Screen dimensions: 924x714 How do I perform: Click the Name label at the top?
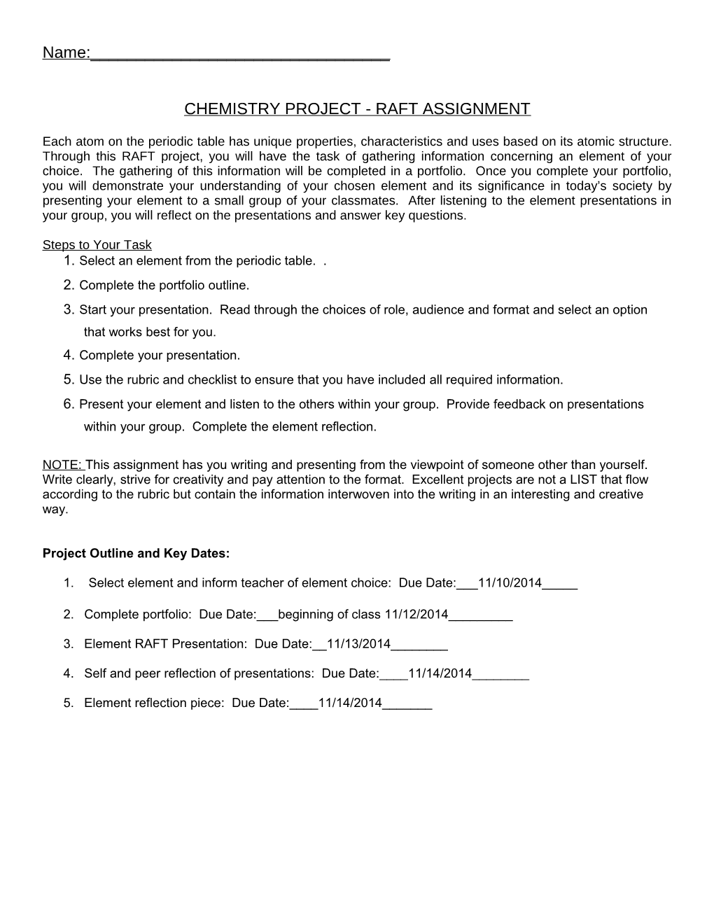[65, 53]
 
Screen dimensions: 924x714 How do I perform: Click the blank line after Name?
[240, 56]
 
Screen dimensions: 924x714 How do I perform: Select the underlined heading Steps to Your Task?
[97, 245]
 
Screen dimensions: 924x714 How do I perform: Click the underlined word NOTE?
[63, 465]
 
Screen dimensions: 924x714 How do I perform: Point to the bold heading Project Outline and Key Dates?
[136, 553]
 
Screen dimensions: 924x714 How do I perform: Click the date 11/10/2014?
[510, 583]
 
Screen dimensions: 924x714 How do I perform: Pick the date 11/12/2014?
[416, 615]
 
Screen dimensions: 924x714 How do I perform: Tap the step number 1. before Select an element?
[68, 261]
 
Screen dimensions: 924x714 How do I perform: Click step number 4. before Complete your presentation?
[68, 356]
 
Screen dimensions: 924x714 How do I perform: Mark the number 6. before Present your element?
[68, 405]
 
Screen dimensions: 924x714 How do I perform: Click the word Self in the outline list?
[95, 673]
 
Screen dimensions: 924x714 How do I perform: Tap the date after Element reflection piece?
[350, 703]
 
